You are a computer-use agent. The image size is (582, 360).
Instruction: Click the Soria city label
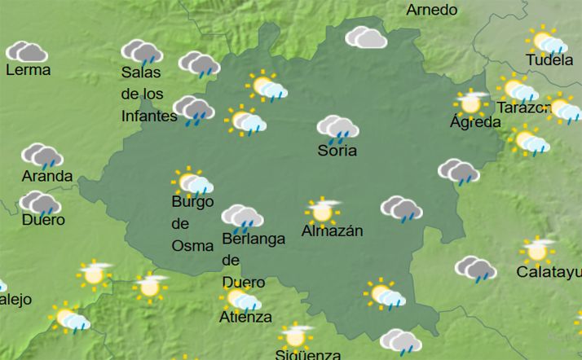click(x=337, y=151)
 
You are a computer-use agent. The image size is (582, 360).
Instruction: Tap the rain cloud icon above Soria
click(x=337, y=128)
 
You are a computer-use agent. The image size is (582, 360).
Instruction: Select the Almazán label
click(x=332, y=230)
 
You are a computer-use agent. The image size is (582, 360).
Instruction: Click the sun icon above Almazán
click(x=322, y=210)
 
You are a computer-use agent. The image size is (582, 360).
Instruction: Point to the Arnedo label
click(x=431, y=10)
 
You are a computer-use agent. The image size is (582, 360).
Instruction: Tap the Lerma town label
click(x=28, y=70)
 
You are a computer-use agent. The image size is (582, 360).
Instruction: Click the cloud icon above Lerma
click(x=27, y=52)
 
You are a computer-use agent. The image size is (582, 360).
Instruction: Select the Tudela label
click(x=549, y=61)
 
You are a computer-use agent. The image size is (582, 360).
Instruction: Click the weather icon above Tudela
click(x=545, y=40)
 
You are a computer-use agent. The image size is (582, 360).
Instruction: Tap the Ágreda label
click(x=475, y=123)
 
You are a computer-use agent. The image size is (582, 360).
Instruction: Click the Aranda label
click(x=46, y=176)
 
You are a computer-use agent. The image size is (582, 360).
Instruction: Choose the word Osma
click(x=192, y=245)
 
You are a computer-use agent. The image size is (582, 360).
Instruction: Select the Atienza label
click(x=245, y=317)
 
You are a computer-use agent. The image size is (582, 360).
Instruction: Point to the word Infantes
click(x=149, y=116)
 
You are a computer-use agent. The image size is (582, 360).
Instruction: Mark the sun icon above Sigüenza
click(x=295, y=335)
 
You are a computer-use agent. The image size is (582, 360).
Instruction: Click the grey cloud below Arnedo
click(x=366, y=37)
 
